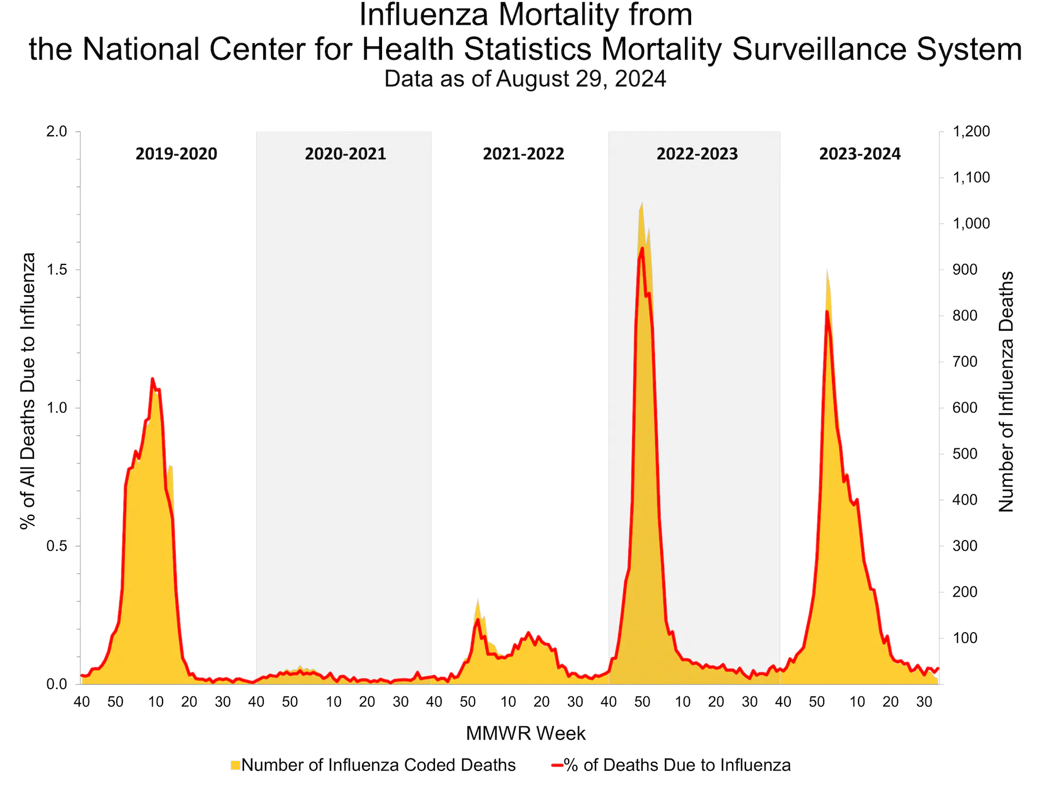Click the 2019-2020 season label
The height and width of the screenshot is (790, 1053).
[176, 154]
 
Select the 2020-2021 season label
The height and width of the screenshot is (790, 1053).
[345, 154]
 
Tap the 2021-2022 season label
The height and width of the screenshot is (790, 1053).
[523, 154]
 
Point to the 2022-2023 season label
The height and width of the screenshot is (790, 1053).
[697, 154]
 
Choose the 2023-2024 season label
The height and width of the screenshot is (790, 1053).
[860, 154]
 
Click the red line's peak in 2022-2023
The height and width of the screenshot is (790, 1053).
[642, 248]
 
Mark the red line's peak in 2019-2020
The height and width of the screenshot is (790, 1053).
[152, 379]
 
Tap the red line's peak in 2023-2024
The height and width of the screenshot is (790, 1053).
[827, 311]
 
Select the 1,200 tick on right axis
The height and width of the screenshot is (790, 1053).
[971, 132]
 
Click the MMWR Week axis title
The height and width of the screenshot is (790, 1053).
[525, 733]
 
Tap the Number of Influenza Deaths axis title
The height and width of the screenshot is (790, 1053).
[1006, 392]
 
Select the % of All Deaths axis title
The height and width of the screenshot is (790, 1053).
[28, 391]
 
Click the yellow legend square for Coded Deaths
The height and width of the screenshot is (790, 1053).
[235, 765]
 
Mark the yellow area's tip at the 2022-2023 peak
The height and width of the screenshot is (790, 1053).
[642, 203]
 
